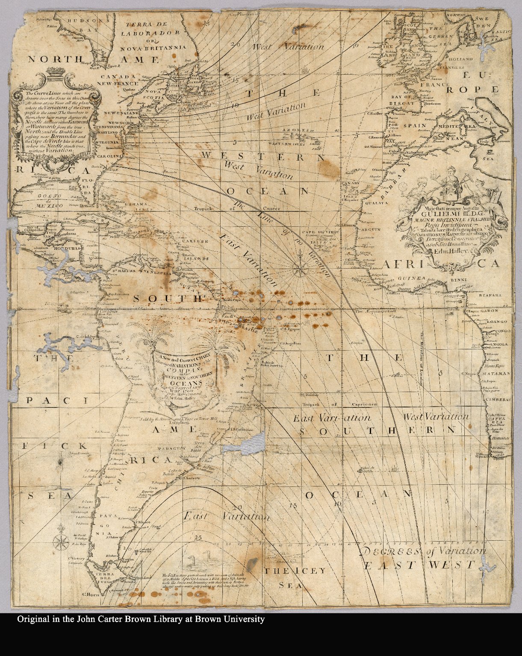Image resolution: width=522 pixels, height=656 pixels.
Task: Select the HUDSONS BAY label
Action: pos(87,26)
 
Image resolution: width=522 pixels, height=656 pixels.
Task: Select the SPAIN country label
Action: pos(413,126)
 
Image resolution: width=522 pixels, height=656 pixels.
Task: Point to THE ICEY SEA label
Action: pos(295,577)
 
